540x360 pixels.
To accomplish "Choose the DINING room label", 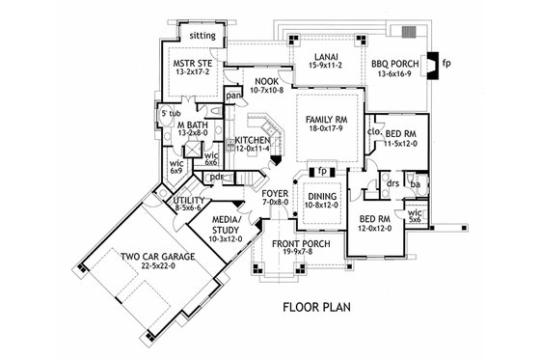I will [318, 199].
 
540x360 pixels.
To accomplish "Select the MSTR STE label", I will [191, 66].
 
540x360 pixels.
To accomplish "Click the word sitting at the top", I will [202, 35].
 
